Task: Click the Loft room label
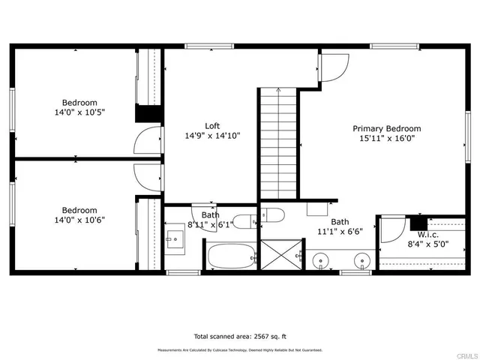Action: pos(212,125)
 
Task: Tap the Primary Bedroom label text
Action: pos(386,128)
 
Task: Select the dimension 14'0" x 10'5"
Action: pos(79,112)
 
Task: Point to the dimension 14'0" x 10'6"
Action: pos(79,220)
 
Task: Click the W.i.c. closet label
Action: pos(418,233)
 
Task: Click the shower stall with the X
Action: pos(280,256)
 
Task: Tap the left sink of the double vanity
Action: pos(321,262)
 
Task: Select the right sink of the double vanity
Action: pos(362,262)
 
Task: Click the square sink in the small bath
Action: pos(176,241)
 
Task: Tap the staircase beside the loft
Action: pos(279,142)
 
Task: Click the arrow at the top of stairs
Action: pos(279,91)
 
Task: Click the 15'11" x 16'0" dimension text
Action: pos(386,138)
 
